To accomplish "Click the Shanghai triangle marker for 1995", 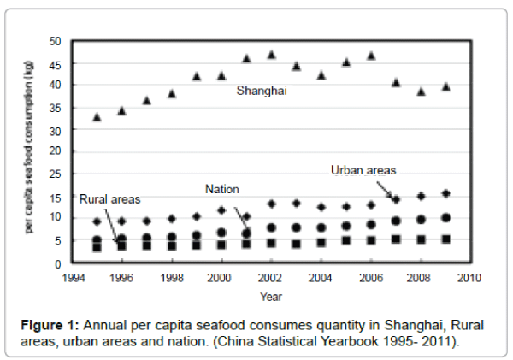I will click(97, 116).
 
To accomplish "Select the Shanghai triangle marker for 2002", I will click(271, 55).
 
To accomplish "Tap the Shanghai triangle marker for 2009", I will click(445, 86).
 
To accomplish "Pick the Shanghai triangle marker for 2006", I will click(371, 56).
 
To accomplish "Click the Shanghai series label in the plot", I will click(260, 87).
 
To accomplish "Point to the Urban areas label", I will click(363, 170).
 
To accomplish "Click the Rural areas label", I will click(109, 199).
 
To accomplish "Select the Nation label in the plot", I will click(221, 188).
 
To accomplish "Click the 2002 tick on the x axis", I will click(270, 278).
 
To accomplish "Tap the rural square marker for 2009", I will click(445, 239).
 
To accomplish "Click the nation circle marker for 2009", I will click(445, 218).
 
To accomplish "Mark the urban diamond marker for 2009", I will click(445, 194).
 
